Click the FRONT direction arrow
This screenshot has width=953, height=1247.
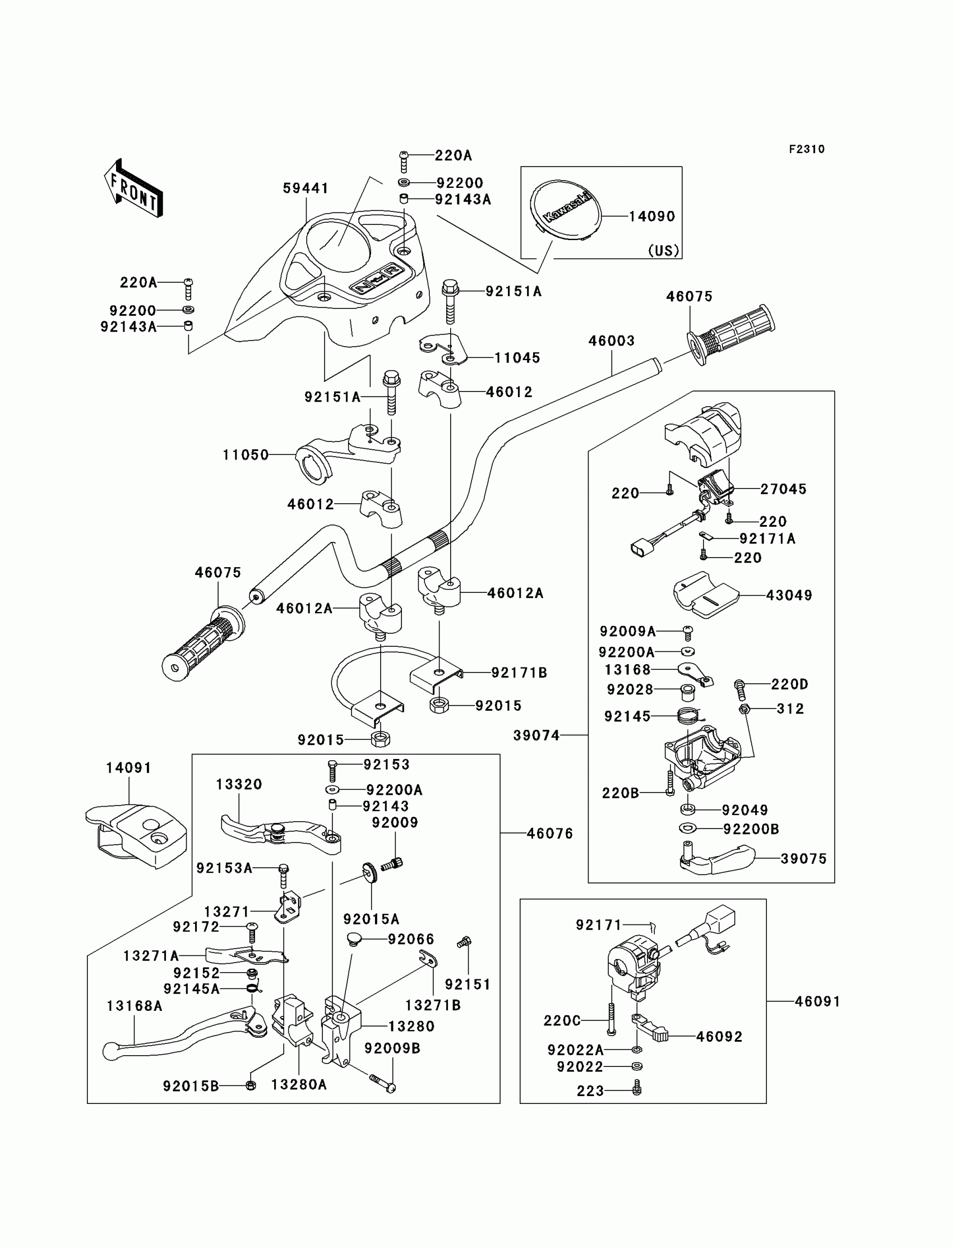coord(134,190)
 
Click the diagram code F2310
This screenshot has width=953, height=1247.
coord(806,149)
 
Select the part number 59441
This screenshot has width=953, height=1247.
coord(306,188)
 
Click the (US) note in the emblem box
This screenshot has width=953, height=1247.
coord(663,250)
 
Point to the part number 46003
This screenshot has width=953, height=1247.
coord(611,341)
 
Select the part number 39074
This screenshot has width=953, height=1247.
coord(536,735)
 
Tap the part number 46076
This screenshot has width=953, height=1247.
coord(550,833)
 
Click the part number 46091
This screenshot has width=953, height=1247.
coord(817,1002)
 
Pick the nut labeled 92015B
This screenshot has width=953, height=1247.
coord(251,1085)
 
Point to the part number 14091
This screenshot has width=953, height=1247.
coord(129,768)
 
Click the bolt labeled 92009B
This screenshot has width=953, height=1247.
coord(383,1083)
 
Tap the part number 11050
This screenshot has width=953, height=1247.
coord(246,454)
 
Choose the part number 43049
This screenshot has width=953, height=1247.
coord(789,595)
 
